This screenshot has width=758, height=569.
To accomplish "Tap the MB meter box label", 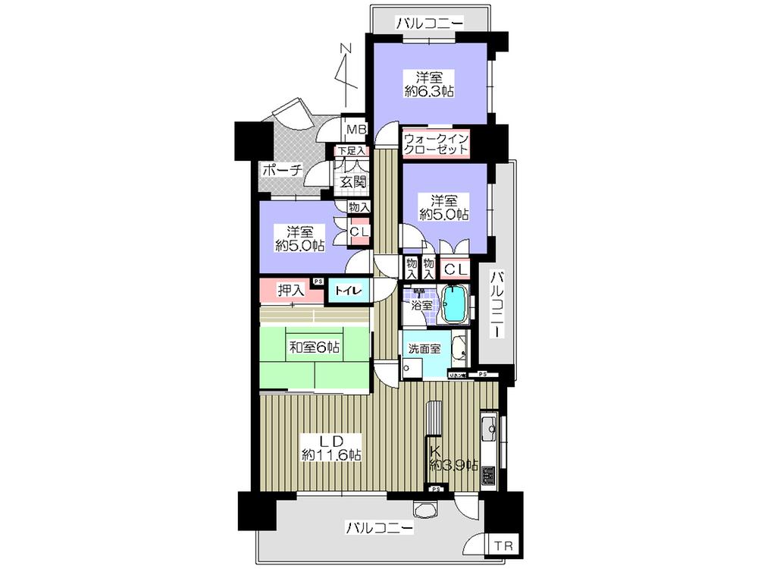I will [356, 130].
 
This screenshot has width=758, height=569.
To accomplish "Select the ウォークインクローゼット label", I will [436, 144].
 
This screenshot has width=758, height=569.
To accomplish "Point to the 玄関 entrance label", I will [352, 181].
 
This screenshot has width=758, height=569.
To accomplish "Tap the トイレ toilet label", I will [349, 289].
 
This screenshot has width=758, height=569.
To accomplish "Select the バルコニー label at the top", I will [429, 24].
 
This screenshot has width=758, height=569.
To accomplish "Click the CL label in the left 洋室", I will [359, 231].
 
